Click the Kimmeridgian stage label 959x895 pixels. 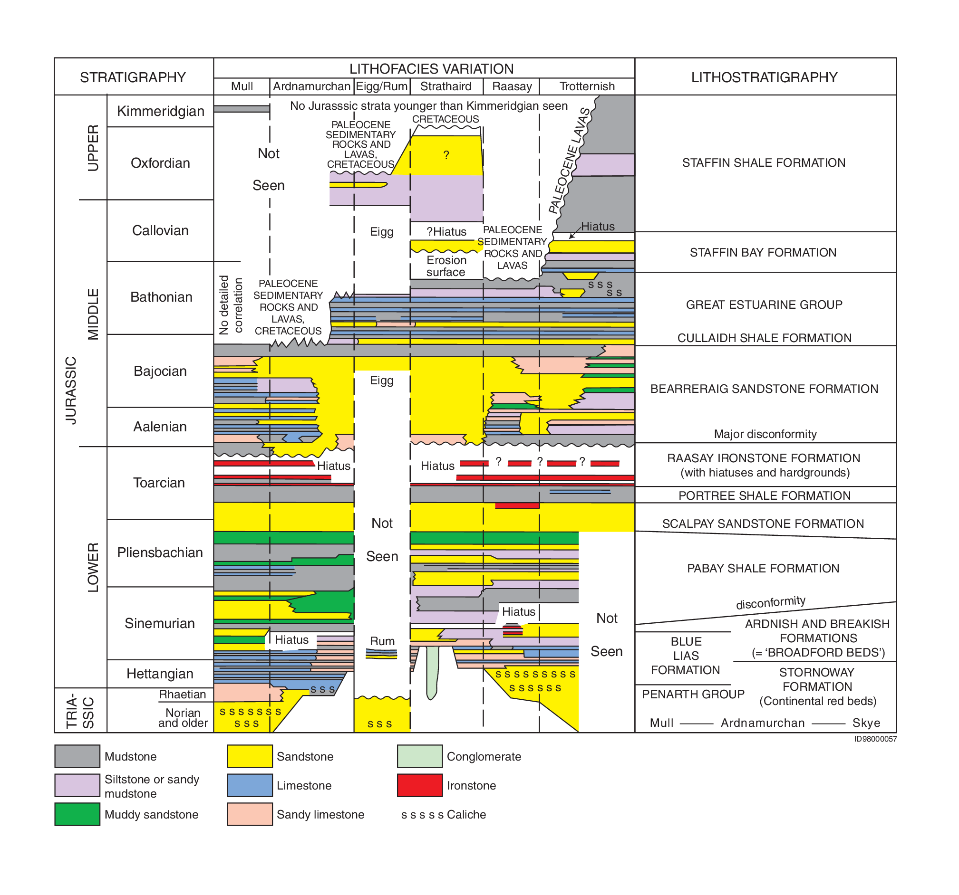click(161, 111)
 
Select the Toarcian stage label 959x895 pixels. click(159, 483)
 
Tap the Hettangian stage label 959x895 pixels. click(160, 674)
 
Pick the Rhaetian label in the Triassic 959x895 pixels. click(183, 695)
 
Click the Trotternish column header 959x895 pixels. click(587, 86)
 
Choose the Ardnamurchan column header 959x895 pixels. click(311, 86)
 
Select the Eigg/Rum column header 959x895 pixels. click(382, 87)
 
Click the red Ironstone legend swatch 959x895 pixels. click(420, 785)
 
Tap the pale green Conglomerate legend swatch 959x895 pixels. click(420, 756)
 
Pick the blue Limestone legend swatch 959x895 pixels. click(250, 785)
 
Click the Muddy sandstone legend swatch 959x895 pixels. click(77, 814)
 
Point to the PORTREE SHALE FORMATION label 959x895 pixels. click(765, 496)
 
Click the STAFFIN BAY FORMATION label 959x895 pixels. click(763, 253)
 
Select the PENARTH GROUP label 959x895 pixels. click(693, 695)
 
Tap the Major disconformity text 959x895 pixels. click(765, 434)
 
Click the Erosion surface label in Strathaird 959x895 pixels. click(446, 266)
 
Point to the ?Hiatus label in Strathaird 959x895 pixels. click(446, 232)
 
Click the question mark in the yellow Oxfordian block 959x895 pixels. click(446, 155)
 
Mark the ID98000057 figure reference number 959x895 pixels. click(875, 739)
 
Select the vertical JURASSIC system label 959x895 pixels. click(71, 391)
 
